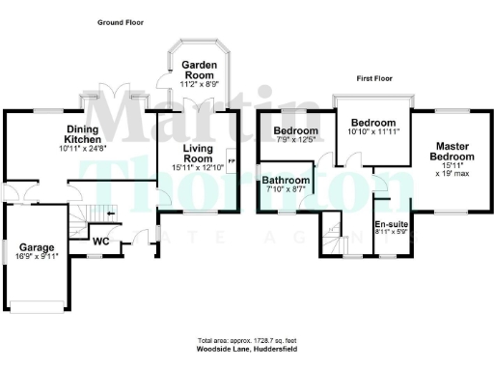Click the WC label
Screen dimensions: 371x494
[100, 242]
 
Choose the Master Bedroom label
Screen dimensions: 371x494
[453, 151]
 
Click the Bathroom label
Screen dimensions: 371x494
[287, 181]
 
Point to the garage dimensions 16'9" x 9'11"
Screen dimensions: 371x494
[36, 256]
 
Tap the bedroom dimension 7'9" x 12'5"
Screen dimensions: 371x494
[294, 141]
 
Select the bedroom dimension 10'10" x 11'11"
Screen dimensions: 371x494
[372, 133]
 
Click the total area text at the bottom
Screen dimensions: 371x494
[246, 343]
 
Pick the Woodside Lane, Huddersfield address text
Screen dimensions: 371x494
[246, 352]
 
